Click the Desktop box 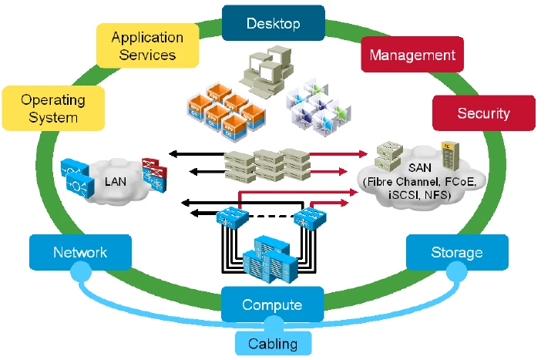pos(273,23)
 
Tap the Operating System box pos(53,109)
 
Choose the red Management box pos(412,56)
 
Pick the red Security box pos(483,113)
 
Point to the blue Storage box pos(457,253)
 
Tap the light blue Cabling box pos(274,343)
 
